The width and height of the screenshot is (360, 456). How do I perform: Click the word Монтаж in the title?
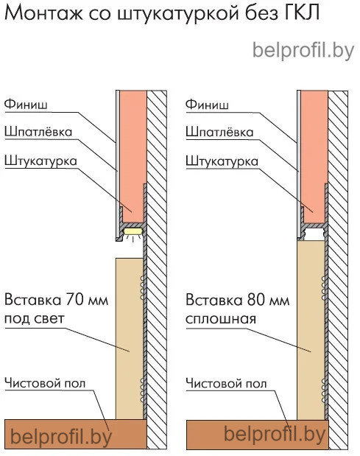44,13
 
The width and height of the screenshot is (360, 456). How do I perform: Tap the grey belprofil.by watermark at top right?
303,51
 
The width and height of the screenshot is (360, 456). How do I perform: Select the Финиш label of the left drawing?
26,104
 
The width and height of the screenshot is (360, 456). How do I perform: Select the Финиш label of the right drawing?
207,105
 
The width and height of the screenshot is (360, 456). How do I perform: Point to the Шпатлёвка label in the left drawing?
38,132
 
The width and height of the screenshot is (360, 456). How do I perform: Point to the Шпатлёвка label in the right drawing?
219,133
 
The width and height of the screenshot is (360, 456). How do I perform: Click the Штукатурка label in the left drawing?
40,161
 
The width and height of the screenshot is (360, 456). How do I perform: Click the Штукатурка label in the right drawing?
222,161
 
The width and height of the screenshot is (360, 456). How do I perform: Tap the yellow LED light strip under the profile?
133,231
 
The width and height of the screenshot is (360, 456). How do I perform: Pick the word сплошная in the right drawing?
221,319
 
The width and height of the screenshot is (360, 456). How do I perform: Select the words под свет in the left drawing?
35,319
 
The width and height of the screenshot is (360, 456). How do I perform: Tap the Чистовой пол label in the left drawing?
45,383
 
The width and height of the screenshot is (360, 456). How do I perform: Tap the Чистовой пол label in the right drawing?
226,384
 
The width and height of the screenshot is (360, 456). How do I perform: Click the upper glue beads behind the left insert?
142,287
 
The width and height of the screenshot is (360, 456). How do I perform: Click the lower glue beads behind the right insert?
324,390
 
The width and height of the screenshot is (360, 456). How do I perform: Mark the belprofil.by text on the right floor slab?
275,435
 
